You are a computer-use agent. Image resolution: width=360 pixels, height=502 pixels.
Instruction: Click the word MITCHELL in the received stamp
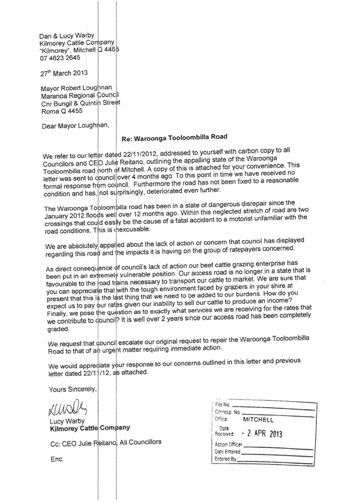click(258, 419)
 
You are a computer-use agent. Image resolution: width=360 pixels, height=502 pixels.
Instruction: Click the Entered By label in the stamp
click(225, 458)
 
